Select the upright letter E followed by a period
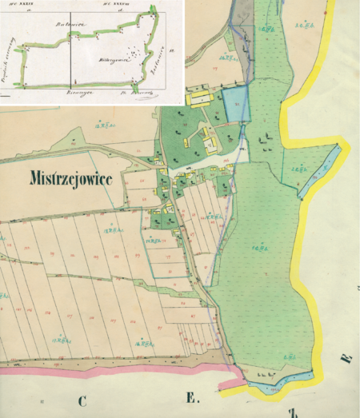click(193, 397)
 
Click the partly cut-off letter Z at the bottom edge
click(294, 412)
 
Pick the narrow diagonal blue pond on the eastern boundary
click(319, 171)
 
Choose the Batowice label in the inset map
click(65, 25)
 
